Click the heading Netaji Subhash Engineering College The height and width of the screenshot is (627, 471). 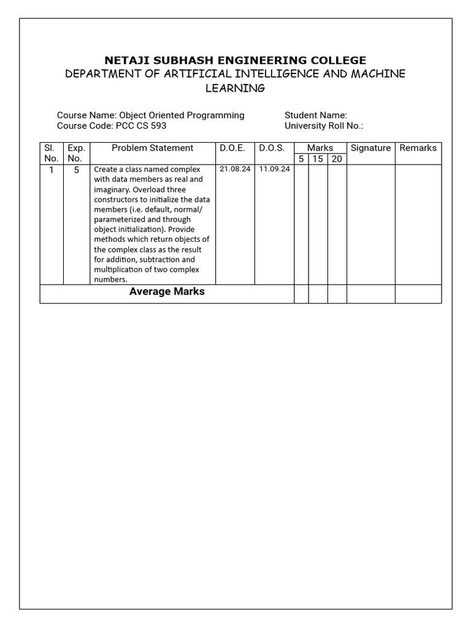tap(235, 60)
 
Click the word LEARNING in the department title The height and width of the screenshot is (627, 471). tap(235, 88)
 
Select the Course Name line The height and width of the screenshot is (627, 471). tap(150, 115)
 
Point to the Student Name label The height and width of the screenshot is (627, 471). tap(315, 115)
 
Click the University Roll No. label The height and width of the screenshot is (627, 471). tap(324, 126)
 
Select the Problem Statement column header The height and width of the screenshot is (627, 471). tap(152, 148)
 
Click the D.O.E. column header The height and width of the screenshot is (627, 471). tap(232, 148)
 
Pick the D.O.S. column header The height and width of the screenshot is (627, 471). tap(272, 148)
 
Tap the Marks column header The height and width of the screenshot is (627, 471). tap(320, 148)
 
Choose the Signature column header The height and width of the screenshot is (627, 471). tap(370, 148)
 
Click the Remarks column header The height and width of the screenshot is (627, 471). tap(418, 148)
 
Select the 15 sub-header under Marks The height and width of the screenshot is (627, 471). tap(318, 159)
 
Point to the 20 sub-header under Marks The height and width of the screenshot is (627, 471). tap(337, 159)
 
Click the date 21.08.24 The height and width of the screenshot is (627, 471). tap(235, 169)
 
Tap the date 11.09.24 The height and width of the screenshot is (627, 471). tap(274, 169)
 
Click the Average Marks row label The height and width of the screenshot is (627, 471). tap(167, 292)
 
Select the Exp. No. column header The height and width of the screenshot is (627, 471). tap(77, 153)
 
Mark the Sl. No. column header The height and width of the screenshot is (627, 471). tap(51, 153)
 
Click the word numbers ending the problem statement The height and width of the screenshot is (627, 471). tap(110, 280)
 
